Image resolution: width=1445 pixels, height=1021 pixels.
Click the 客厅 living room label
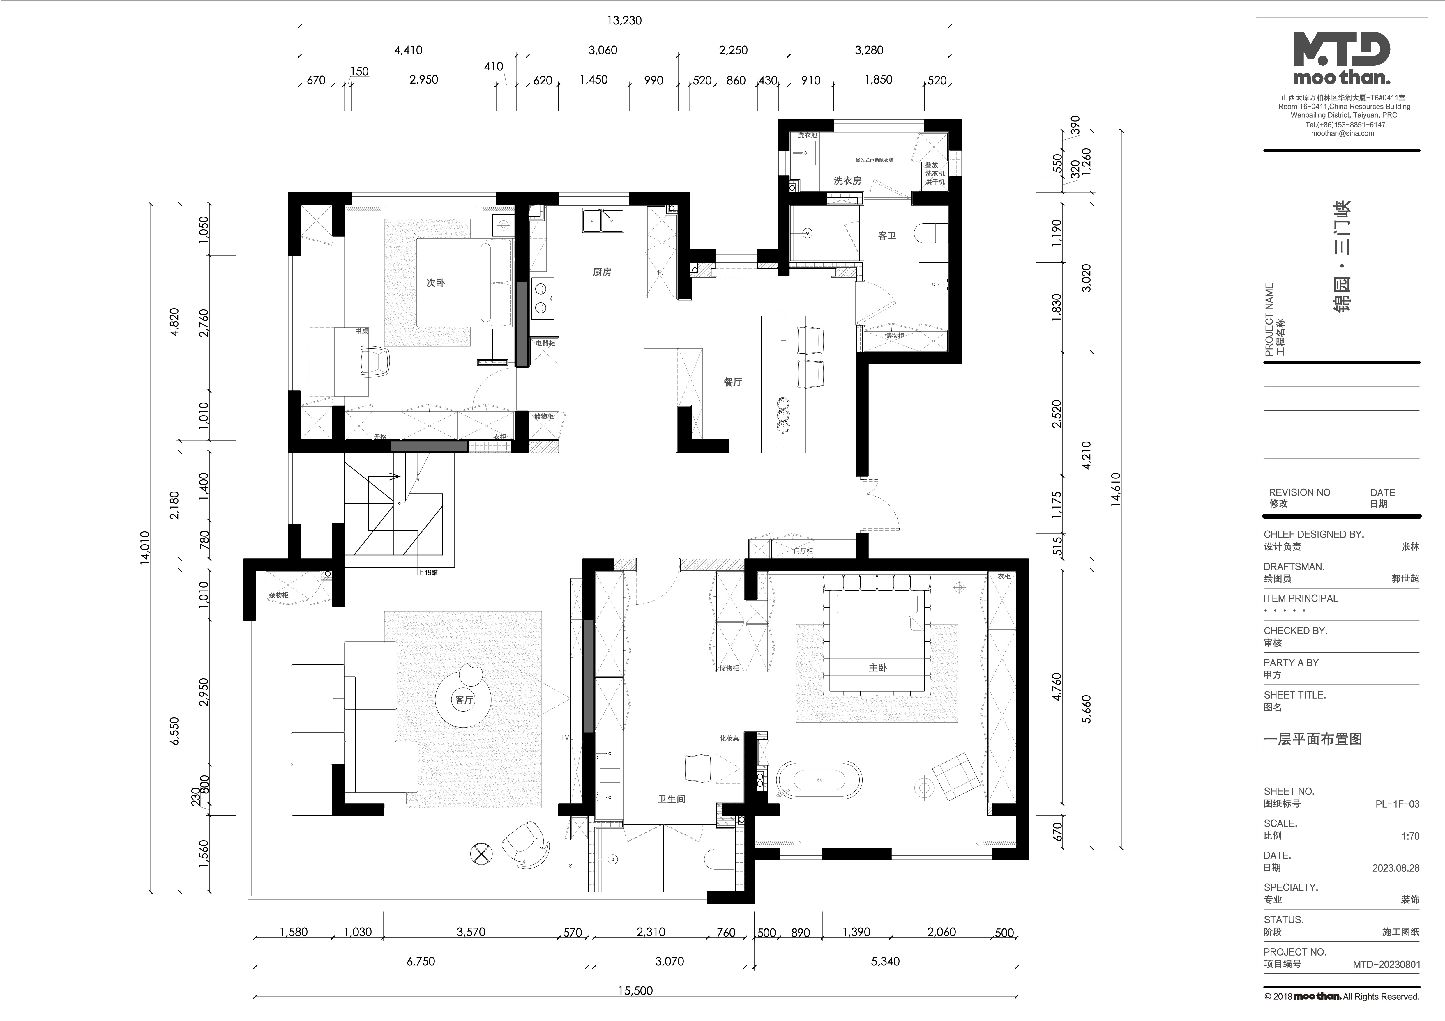[x=464, y=700]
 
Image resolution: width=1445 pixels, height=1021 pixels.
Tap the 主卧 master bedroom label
[x=877, y=667]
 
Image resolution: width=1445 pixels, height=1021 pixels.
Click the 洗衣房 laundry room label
[x=847, y=180]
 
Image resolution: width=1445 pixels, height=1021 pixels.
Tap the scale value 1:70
[x=1410, y=836]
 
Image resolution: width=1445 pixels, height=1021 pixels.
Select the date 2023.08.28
[x=1396, y=868]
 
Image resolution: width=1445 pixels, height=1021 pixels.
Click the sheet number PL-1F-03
[x=1397, y=804]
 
